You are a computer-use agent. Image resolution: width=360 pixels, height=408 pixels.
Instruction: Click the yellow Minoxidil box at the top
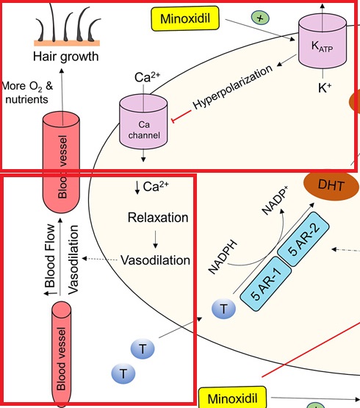pos(185,18)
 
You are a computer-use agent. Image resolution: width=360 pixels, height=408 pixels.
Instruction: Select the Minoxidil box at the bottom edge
pos(233,398)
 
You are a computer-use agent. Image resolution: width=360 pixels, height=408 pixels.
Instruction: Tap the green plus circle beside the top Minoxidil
pos(260,18)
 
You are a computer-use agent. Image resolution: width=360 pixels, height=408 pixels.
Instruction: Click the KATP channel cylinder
pos(323,42)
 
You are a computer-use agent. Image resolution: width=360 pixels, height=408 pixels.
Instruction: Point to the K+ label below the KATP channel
pos(325,88)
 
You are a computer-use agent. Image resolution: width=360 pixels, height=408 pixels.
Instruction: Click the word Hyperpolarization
pos(232,87)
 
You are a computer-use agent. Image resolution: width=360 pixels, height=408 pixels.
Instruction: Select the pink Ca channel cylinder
pos(143,122)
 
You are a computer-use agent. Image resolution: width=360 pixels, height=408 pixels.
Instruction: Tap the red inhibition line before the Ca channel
pos(181,115)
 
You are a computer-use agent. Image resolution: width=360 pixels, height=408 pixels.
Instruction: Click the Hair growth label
pos(66,57)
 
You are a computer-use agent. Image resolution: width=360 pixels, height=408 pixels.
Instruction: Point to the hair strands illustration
pos(67,25)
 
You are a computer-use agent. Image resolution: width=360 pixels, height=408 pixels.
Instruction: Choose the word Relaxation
pos(158,218)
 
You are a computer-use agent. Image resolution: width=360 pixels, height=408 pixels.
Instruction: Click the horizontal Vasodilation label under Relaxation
pos(155,260)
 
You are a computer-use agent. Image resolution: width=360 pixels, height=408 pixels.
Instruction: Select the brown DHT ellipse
pos(331,185)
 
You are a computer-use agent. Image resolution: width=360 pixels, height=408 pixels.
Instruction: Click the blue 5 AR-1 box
pos(265,284)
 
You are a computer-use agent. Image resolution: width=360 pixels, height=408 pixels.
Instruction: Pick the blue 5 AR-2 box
pos(303,239)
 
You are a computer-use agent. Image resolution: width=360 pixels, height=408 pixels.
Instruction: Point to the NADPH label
pos(223,257)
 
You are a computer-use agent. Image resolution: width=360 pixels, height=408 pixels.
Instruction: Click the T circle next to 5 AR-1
pos(223,309)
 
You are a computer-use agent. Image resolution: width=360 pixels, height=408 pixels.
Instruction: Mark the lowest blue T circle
pos(123,373)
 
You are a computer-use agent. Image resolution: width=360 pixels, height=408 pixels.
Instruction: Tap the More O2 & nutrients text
pos(26,93)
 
